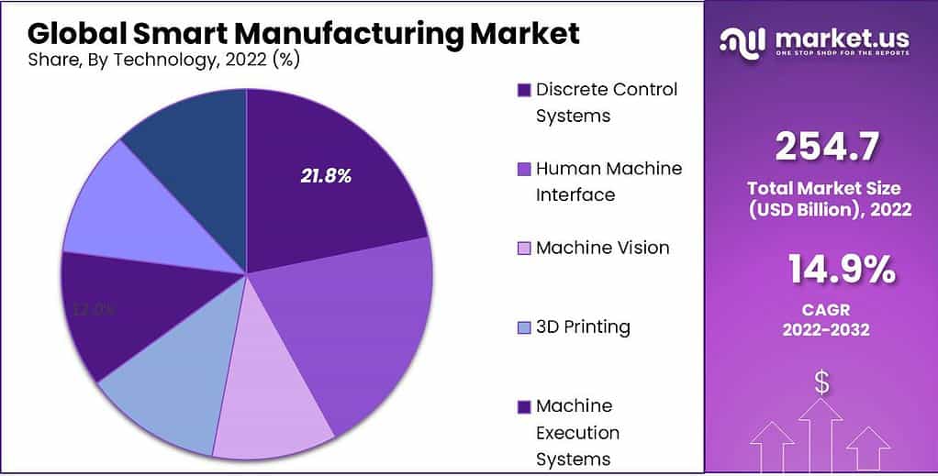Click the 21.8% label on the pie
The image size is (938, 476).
(326, 176)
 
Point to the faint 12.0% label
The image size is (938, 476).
(94, 310)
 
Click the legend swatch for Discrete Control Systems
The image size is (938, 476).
(524, 90)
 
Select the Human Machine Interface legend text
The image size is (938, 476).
(609, 182)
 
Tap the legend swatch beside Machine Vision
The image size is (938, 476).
(524, 249)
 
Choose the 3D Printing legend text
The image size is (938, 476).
(583, 327)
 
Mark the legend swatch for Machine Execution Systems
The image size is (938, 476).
(524, 406)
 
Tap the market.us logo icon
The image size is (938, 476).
(741, 39)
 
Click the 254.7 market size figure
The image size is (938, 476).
(828, 147)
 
